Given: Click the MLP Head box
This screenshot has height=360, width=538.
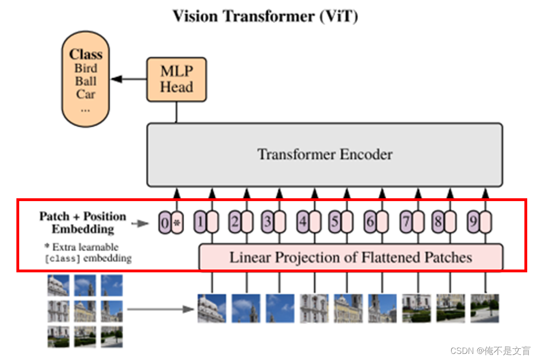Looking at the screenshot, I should pyautogui.click(x=176, y=79).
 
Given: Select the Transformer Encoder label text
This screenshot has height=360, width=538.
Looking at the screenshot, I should pyautogui.click(x=325, y=154).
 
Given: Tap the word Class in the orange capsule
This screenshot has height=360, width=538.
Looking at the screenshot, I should pyautogui.click(x=86, y=54).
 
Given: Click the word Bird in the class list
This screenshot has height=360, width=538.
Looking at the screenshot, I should pyautogui.click(x=86, y=68).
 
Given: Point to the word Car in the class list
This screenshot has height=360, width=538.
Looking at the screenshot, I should pyautogui.click(x=86, y=94).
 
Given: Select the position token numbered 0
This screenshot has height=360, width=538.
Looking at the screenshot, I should pyautogui.click(x=164, y=224).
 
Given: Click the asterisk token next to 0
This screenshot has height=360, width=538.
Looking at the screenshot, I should pyautogui.click(x=177, y=224).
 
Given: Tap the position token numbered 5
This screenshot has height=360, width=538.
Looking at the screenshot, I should pyautogui.click(x=335, y=222).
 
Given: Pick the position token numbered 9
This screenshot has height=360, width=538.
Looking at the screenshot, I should pyautogui.click(x=473, y=222).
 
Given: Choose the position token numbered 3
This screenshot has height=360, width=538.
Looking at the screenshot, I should pyautogui.click(x=267, y=222).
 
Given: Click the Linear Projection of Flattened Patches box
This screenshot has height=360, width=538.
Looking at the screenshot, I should pyautogui.click(x=351, y=257).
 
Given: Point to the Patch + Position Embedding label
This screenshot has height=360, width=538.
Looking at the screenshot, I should pyautogui.click(x=82, y=223).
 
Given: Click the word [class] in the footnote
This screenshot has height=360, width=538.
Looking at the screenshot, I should pyautogui.click(x=60, y=258).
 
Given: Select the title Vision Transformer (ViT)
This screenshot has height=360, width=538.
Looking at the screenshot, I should pyautogui.click(x=265, y=16).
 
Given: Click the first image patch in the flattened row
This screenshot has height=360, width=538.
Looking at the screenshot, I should pyautogui.click(x=211, y=308).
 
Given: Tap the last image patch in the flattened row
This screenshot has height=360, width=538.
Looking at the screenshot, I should pyautogui.click(x=485, y=308).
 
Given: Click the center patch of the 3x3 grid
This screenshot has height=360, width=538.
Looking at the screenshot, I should pyautogui.click(x=85, y=311).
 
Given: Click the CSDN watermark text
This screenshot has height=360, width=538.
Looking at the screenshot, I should pyautogui.click(x=490, y=351).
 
